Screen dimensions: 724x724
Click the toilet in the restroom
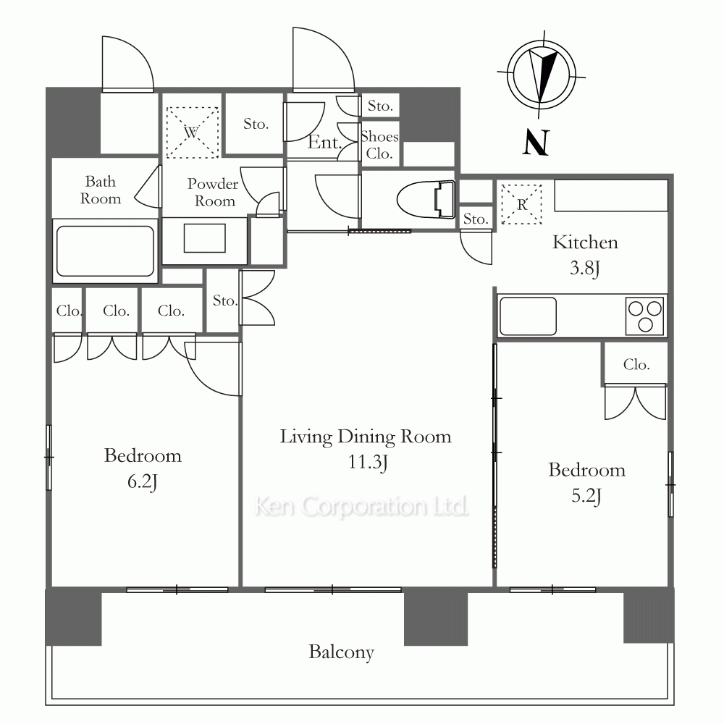pos(426,199)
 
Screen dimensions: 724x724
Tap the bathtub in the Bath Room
pos(105,251)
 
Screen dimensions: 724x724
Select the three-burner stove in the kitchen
pos(645,316)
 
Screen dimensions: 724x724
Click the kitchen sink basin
pos(529,316)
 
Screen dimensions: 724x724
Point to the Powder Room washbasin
pos(205,238)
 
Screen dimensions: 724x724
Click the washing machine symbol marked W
pos(192,132)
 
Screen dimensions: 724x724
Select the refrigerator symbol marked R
pos(522,204)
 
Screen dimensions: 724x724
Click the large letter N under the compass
pos(536,142)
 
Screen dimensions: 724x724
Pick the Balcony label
pos(341,652)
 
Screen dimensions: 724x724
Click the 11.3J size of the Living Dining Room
pos(368,462)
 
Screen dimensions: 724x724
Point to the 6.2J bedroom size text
pos(143,482)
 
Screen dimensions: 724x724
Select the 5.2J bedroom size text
pos(586,497)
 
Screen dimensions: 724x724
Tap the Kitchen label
pos(585,243)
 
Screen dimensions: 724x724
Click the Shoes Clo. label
pos(379,145)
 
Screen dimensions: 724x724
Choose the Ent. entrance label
pos(324,142)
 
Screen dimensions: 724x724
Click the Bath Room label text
pos(101,190)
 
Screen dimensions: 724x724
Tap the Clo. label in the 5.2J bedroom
pos(636,365)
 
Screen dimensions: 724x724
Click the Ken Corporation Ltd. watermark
pos(361,507)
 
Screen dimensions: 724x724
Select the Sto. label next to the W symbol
pos(256,124)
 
